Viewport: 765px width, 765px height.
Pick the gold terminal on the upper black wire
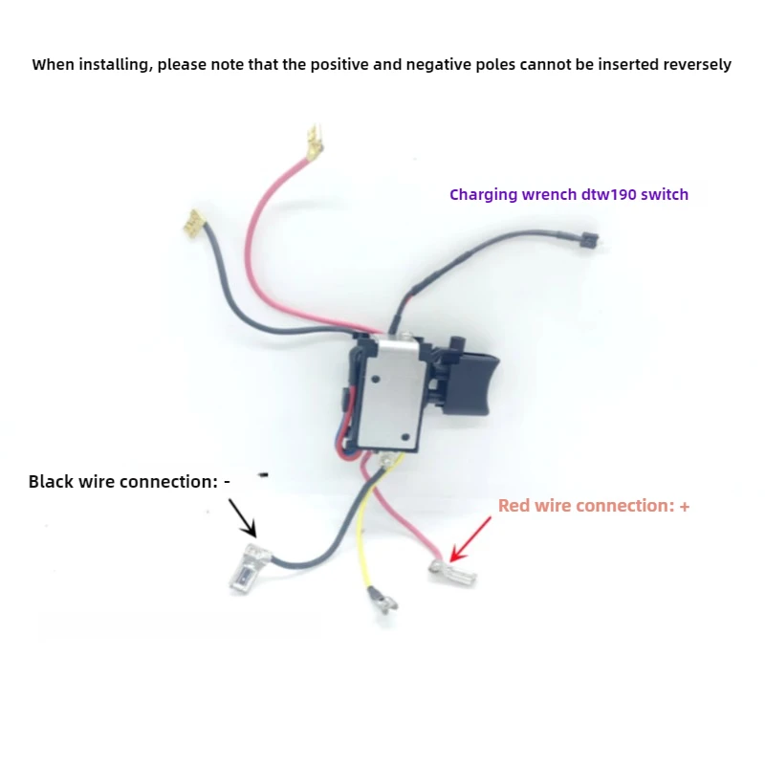pyautogui.click(x=195, y=224)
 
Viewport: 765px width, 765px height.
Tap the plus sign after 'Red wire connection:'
pyautogui.click(x=684, y=506)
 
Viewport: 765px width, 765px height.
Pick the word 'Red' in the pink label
pyautogui.click(x=514, y=506)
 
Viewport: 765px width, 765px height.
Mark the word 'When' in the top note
pyautogui.click(x=53, y=65)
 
